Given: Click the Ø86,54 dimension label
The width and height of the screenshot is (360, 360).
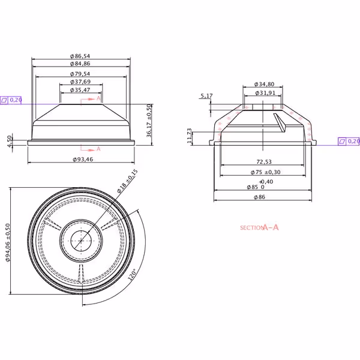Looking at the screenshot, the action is [x=80, y=56].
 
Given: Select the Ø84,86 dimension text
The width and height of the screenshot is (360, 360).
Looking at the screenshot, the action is [x=80, y=64].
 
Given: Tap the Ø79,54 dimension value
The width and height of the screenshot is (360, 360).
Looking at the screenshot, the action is [x=80, y=74].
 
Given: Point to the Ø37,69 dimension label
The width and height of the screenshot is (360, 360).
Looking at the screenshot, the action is [x=80, y=82].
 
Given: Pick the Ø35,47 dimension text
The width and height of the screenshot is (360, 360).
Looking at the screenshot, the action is [x=80, y=90].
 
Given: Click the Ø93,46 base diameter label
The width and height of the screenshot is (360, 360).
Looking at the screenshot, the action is [x=83, y=160].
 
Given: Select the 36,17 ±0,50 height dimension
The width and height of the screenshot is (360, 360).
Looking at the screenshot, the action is [x=149, y=121].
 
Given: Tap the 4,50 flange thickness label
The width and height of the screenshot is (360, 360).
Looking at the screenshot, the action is [x=9, y=142].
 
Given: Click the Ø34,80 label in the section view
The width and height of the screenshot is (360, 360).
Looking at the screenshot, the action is [x=264, y=84].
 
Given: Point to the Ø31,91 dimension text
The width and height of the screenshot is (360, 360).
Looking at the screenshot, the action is [x=265, y=93].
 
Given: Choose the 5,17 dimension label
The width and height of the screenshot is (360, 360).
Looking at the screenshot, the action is [x=206, y=96].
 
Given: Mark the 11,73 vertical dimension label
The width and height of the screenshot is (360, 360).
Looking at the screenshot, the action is [x=190, y=136].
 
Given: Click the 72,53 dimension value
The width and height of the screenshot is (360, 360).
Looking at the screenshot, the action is [x=264, y=162].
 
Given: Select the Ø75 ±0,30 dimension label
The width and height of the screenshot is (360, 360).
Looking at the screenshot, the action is [x=265, y=172].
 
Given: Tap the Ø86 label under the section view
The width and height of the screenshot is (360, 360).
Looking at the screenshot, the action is [x=259, y=197].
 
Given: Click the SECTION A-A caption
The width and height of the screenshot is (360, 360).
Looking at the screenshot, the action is [x=259, y=227].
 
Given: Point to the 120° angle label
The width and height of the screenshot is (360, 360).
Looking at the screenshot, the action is [x=132, y=274].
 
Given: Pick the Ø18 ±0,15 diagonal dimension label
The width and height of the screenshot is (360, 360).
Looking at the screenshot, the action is [x=127, y=181].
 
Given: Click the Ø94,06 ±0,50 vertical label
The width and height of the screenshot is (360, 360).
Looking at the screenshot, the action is [x=8, y=242].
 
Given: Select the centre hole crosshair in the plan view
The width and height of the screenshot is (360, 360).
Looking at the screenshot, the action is [x=81, y=241].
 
